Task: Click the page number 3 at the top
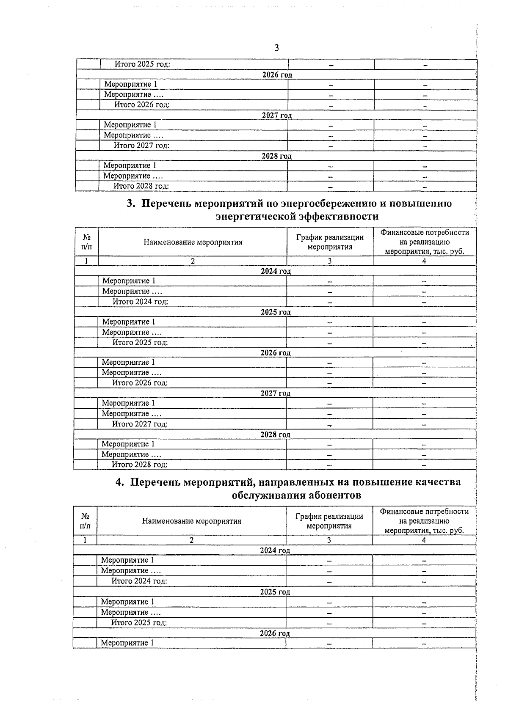[276, 48]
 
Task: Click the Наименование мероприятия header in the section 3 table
[193, 242]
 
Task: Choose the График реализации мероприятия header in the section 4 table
[329, 521]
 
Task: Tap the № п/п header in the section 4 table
[85, 521]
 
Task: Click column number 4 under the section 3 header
[424, 261]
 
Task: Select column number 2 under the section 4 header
[191, 540]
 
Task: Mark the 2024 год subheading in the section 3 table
[276, 271]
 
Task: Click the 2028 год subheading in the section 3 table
[275, 435]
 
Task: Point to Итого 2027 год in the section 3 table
[140, 424]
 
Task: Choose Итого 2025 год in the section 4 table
[139, 623]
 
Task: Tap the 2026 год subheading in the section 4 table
[275, 633]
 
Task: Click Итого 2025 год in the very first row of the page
[142, 64]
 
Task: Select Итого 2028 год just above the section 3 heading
[141, 186]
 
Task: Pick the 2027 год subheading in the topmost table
[277, 115]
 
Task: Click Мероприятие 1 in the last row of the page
[127, 643]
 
